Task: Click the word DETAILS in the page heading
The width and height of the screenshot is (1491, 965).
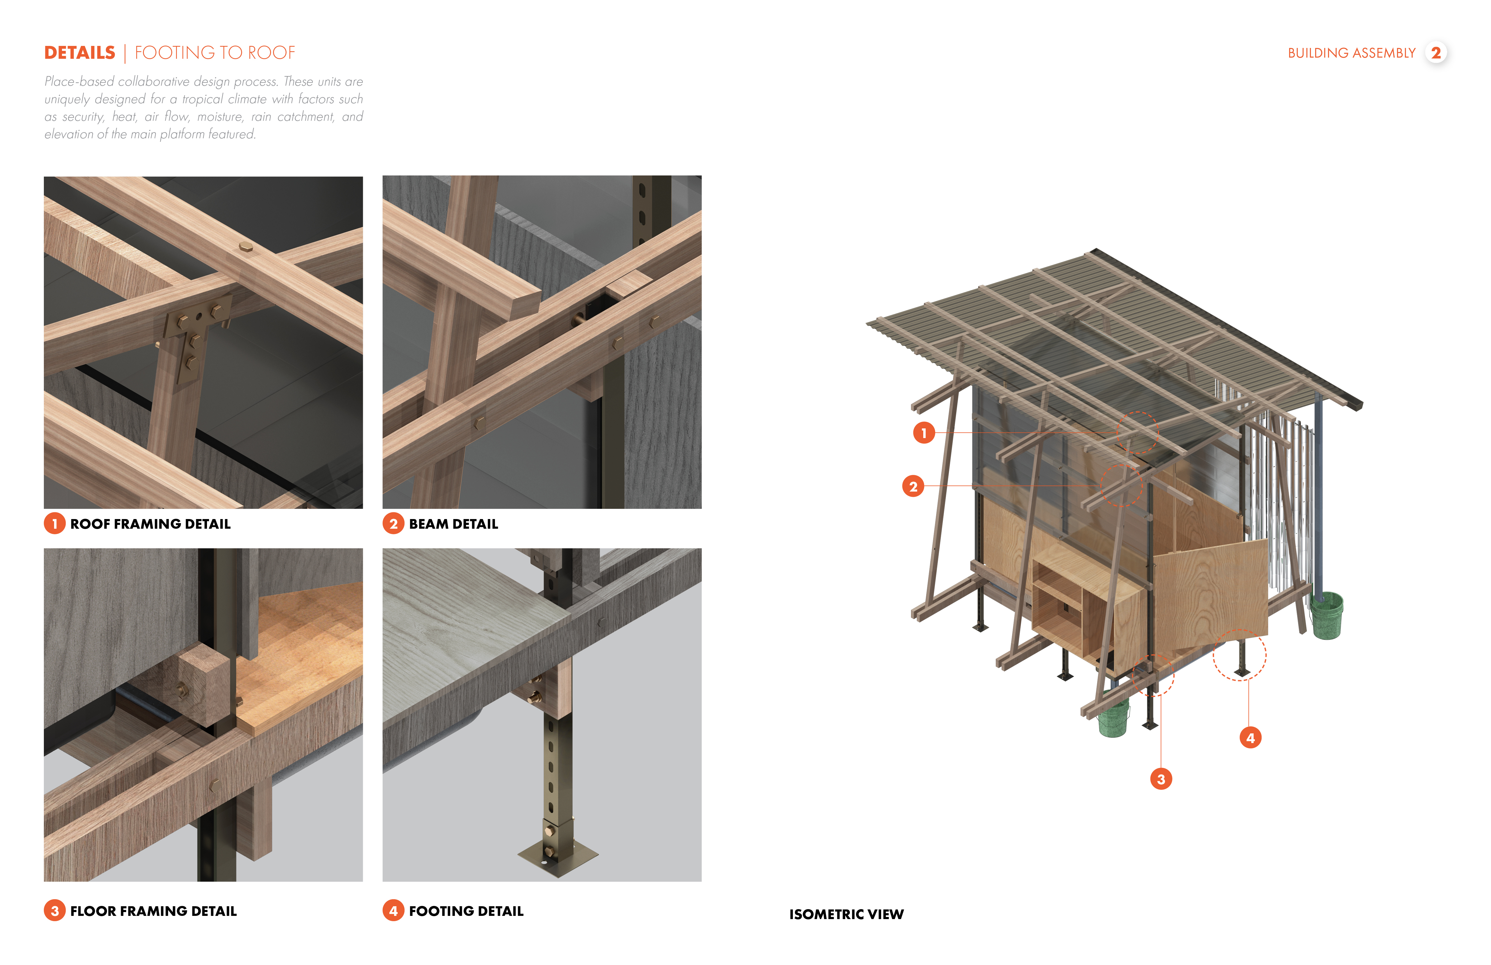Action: [80, 53]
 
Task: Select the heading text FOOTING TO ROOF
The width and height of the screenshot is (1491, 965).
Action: [215, 53]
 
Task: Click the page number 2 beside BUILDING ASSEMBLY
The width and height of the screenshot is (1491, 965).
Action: [1436, 53]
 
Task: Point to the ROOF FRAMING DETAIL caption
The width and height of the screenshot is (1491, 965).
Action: [150, 524]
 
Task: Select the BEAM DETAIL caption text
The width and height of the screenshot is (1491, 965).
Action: [453, 524]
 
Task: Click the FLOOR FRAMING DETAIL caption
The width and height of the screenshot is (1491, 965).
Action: [153, 911]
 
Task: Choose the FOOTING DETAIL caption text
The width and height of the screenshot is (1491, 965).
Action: [466, 911]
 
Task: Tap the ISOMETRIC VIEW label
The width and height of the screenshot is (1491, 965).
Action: [846, 914]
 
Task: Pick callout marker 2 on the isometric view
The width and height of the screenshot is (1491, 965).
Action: [913, 486]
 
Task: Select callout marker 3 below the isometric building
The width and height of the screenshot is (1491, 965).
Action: [1161, 779]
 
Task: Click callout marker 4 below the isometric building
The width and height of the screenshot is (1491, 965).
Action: [1250, 737]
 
